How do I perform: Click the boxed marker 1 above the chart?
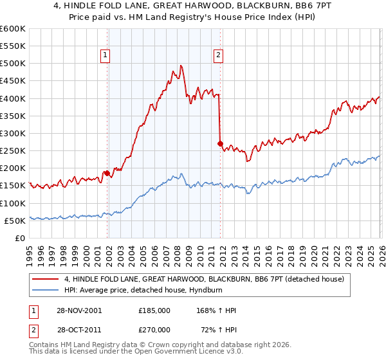(106, 55)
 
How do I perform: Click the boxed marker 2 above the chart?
(219, 55)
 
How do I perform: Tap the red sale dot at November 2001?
(107, 173)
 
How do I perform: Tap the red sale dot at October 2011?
(220, 143)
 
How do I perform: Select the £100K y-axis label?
(13, 203)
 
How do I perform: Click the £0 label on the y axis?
(19, 238)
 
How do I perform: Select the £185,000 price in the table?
(154, 310)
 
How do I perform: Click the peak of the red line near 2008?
(181, 66)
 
